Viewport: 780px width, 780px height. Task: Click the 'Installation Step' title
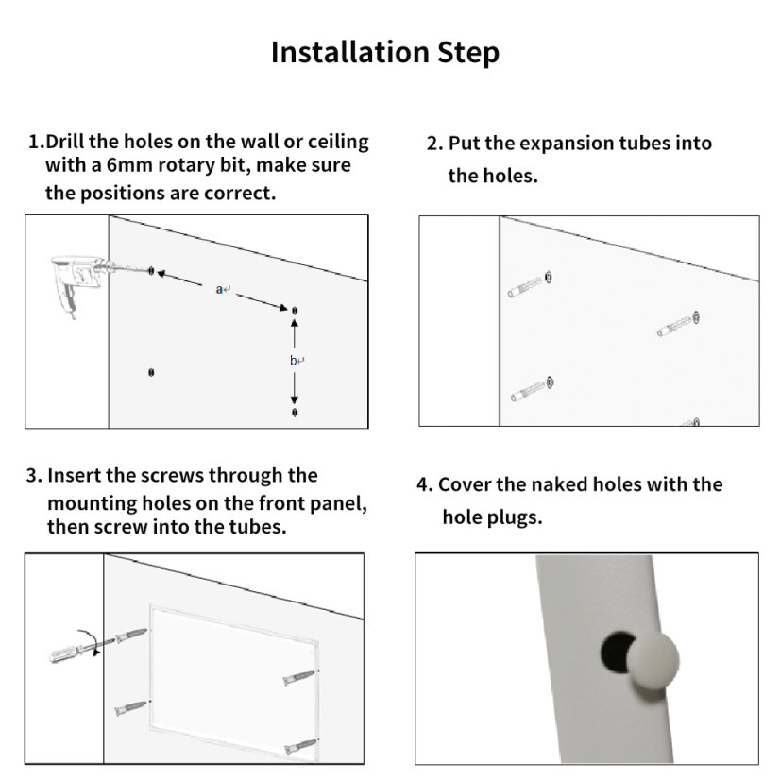385,53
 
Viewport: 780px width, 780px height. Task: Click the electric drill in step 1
79,282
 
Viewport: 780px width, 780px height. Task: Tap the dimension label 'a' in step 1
219,289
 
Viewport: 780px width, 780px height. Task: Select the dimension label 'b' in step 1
293,360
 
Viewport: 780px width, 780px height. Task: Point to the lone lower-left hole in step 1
151,372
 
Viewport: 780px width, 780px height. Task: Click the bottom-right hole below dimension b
295,412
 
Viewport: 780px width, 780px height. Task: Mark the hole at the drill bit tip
152,271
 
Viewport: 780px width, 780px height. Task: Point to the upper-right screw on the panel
299,677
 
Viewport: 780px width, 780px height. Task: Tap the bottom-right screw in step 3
301,746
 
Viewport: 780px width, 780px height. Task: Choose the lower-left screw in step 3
131,708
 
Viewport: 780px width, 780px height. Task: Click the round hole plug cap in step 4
653,661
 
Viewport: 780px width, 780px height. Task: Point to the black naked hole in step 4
615,652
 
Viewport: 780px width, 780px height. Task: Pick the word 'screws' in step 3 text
172,476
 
